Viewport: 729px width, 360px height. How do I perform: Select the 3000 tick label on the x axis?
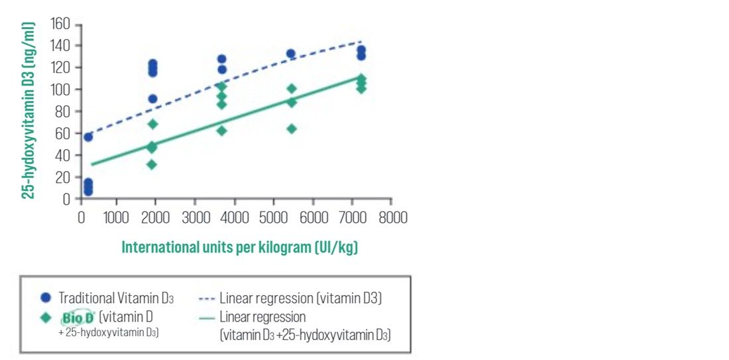coord(194,217)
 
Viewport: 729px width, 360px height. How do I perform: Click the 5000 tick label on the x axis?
coord(274,217)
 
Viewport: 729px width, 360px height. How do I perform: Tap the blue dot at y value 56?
coord(88,137)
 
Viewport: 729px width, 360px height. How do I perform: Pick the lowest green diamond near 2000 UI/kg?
coord(152,164)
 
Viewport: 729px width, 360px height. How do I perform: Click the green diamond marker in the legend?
coord(46,317)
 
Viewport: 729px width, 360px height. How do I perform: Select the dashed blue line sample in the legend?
coord(206,298)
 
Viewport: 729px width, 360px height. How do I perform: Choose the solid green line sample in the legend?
coord(206,317)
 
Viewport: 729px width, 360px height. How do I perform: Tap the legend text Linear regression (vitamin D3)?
coord(301,298)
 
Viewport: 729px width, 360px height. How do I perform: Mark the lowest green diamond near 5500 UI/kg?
coord(292,129)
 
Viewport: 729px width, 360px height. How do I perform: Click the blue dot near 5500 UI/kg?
coord(290,54)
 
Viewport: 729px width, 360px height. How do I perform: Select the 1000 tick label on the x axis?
coord(116,217)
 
